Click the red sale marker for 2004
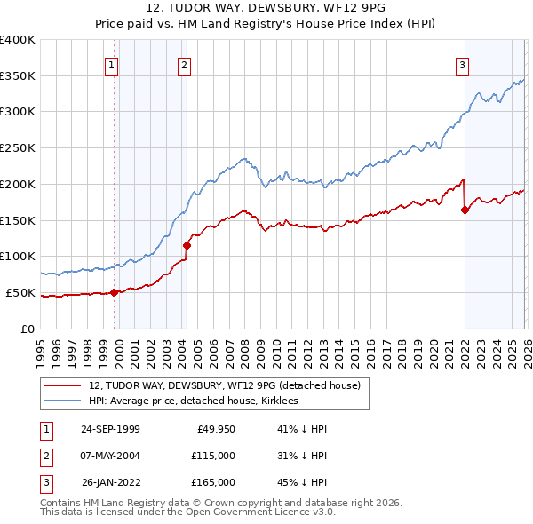coord(187,245)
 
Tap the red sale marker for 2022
coord(465,210)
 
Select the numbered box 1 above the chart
coord(112,64)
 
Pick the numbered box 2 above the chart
coord(184,64)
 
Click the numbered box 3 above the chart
coord(463,64)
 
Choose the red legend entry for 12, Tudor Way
coord(224,385)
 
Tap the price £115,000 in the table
coord(212,456)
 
